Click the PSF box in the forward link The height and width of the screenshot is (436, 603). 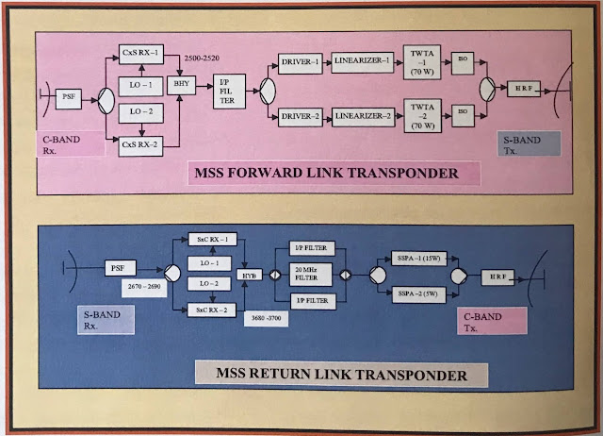(67, 96)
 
